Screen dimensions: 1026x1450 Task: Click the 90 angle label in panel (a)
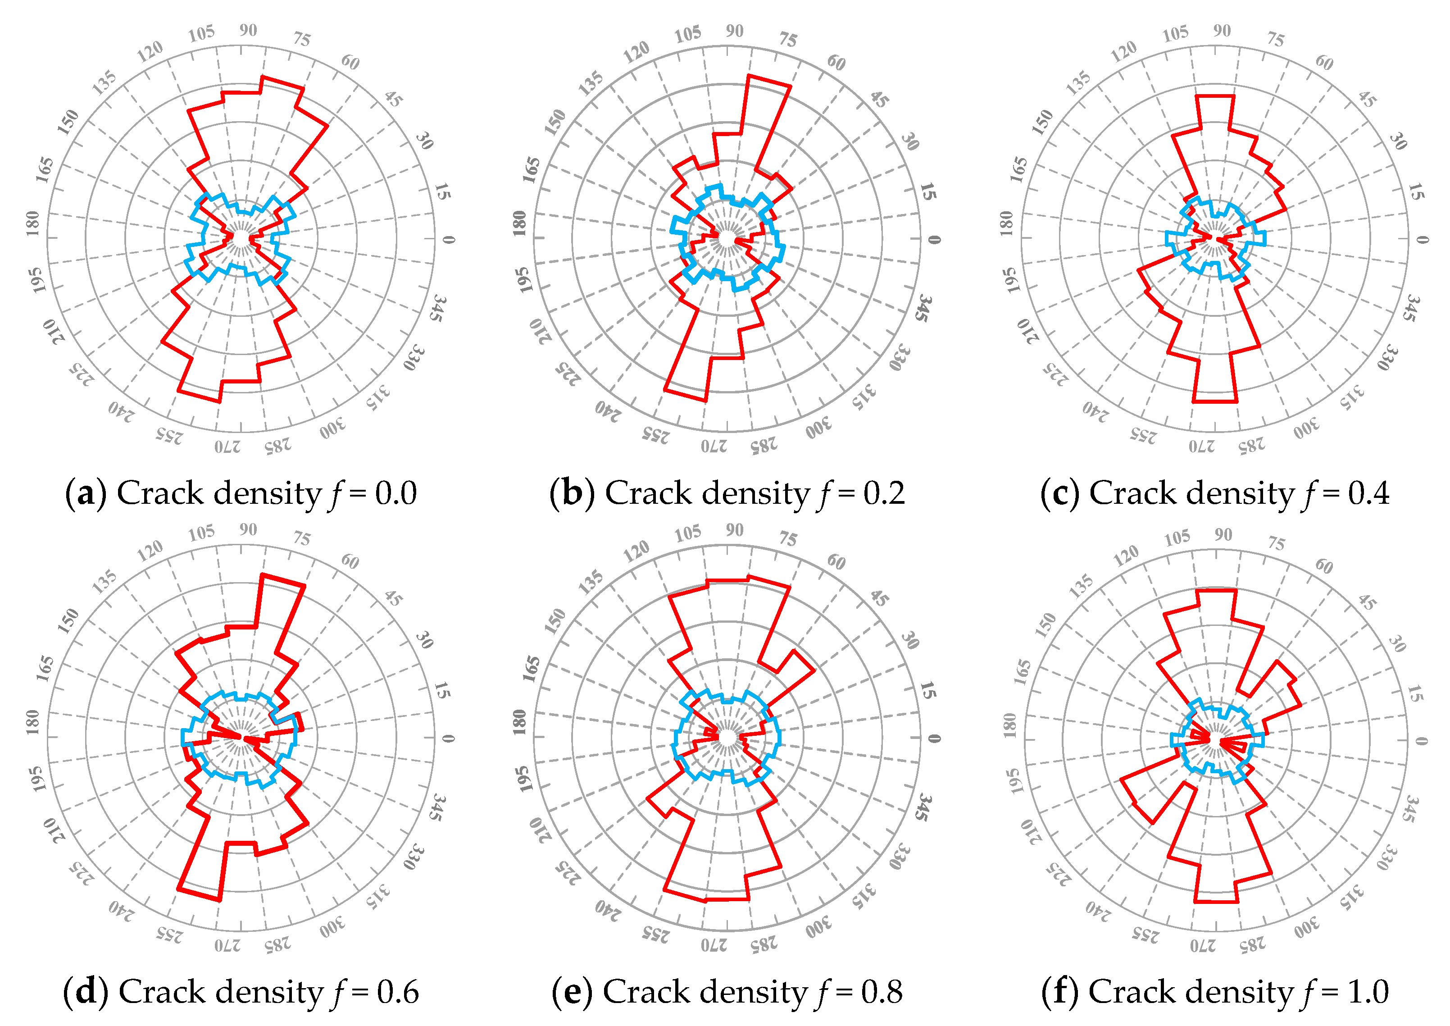(x=248, y=30)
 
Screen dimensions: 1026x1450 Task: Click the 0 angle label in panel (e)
(x=934, y=739)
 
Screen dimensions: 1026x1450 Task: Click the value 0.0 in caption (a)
(x=396, y=493)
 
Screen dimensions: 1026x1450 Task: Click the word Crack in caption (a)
(x=160, y=493)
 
